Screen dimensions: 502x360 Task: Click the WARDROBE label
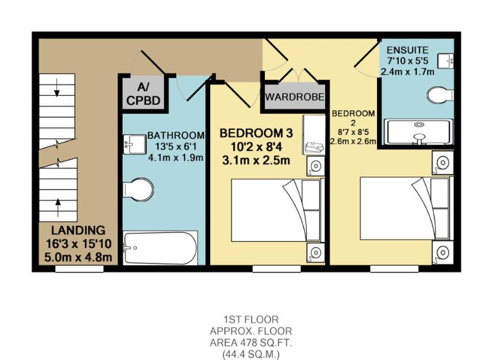pos(295,96)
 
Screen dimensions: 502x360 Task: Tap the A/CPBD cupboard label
pos(143,94)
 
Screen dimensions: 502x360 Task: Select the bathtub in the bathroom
pos(160,249)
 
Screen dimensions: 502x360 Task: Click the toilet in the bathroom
pos(138,190)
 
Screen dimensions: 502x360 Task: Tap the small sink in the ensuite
pos(445,60)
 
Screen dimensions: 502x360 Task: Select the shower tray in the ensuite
pos(419,132)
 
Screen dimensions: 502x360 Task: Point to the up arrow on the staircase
pos(58,207)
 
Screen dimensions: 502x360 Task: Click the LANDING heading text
pos(78,230)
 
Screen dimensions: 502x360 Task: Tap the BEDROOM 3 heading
pos(256,133)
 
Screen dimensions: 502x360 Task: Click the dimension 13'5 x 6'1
pos(175,147)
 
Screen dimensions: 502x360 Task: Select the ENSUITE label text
pos(407,50)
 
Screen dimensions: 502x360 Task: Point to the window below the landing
pos(79,269)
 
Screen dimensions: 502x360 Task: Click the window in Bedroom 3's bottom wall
pos(277,269)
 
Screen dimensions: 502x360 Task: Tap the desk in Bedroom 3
pos(314,135)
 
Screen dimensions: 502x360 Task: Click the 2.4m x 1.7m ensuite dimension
pos(407,71)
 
